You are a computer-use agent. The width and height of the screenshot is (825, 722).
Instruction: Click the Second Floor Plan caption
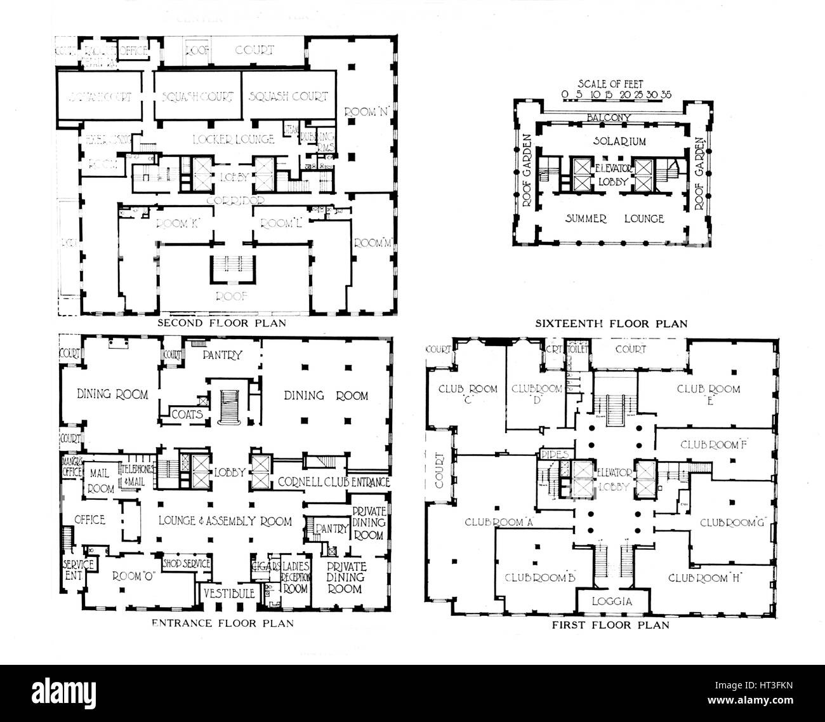pos(221,323)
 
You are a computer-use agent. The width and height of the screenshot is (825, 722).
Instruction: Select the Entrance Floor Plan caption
pos(222,623)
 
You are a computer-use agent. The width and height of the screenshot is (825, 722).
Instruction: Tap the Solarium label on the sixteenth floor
pos(610,141)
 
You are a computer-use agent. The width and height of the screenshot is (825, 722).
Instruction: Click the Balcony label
pos(609,117)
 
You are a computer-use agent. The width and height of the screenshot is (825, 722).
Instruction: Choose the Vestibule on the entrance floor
pos(230,593)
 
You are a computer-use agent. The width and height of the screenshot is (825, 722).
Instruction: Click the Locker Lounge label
pos(235,138)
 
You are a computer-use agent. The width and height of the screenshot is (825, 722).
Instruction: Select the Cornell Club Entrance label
pos(334,483)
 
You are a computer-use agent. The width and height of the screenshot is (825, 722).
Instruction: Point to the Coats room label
pos(187,414)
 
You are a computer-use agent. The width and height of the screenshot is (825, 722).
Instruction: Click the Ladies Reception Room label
pos(295,577)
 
